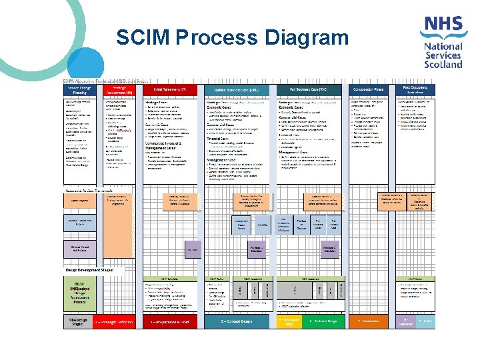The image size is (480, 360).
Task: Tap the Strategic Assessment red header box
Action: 119,89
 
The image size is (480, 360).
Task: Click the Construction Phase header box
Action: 369,89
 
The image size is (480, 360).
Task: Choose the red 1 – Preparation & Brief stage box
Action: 170,321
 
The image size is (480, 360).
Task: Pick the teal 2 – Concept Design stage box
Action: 237,321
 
